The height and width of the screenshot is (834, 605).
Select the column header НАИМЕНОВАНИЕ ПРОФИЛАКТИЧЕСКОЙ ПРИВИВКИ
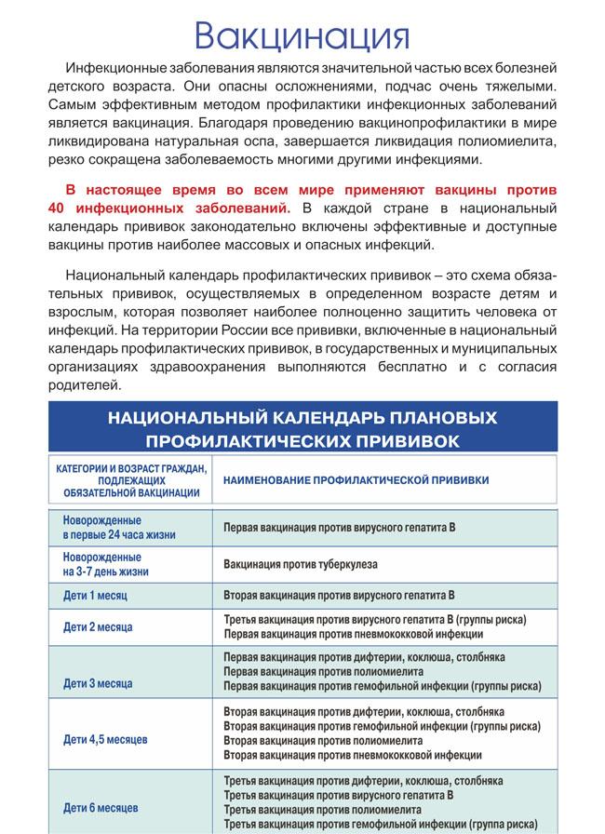coord(356,479)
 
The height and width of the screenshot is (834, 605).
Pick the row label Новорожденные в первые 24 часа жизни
coord(119,528)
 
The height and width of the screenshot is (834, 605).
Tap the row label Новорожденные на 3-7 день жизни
coord(106,564)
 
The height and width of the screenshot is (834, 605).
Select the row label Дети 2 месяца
coord(98,626)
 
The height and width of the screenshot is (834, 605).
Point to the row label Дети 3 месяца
coord(98,682)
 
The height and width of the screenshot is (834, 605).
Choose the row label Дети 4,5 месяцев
coord(106,739)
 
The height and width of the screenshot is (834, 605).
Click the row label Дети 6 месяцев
coord(101,807)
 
